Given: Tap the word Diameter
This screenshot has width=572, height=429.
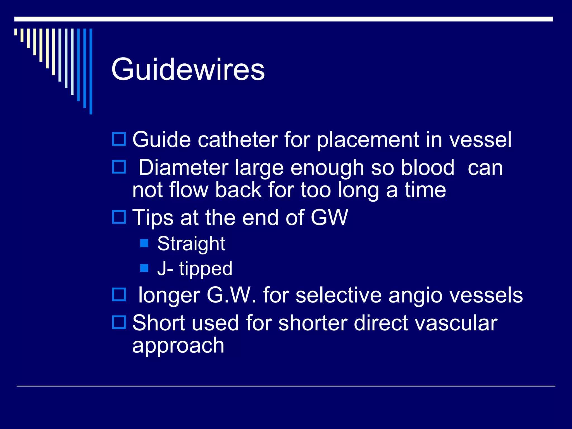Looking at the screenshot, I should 183,168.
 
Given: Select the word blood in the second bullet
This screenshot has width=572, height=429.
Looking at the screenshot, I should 428,168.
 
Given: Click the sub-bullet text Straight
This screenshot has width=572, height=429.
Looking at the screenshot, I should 191,244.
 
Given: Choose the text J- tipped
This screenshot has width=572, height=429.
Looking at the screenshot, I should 195,268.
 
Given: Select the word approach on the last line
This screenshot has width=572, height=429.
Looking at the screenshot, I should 178,346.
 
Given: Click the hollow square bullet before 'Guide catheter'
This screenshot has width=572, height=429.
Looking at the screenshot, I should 119,139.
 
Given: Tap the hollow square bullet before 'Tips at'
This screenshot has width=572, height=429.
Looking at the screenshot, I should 119,217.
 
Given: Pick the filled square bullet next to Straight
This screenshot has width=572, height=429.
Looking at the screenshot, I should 144,243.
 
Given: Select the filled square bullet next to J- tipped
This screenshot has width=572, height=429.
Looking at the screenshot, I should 144,268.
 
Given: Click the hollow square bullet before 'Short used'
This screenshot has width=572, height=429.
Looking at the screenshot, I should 119,322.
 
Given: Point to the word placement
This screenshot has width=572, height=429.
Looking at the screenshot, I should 368,140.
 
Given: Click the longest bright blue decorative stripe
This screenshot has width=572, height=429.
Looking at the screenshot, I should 91,71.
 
